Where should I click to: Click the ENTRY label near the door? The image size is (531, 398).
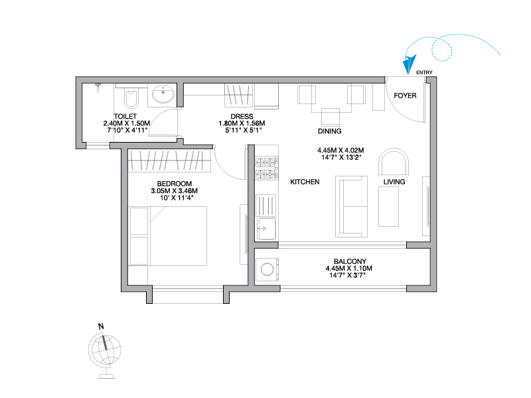tap(424, 72)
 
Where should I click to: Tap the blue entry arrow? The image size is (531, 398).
tap(409, 64)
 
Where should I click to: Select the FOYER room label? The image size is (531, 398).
tap(405, 96)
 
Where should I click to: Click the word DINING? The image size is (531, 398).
tap(329, 131)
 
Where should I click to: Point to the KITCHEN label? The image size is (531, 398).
tap(305, 182)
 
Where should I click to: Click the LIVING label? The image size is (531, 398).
tap(394, 182)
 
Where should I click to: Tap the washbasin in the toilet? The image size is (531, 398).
tap(163, 94)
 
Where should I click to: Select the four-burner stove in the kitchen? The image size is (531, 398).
tap(266, 168)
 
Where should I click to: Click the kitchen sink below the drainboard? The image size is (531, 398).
tap(266, 229)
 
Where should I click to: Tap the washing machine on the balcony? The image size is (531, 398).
tap(267, 270)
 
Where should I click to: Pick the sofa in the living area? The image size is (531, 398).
tap(352, 206)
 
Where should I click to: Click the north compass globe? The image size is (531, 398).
tap(105, 352)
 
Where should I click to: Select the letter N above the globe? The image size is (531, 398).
tap(101, 326)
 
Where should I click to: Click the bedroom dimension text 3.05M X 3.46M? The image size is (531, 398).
tap(175, 191)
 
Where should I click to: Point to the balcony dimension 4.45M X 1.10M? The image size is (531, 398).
tap(349, 269)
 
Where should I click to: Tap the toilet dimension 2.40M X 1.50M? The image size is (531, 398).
tap(127, 123)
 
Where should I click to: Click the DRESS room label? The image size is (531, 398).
tap(242, 117)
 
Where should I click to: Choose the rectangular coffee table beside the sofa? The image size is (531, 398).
tap(389, 206)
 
